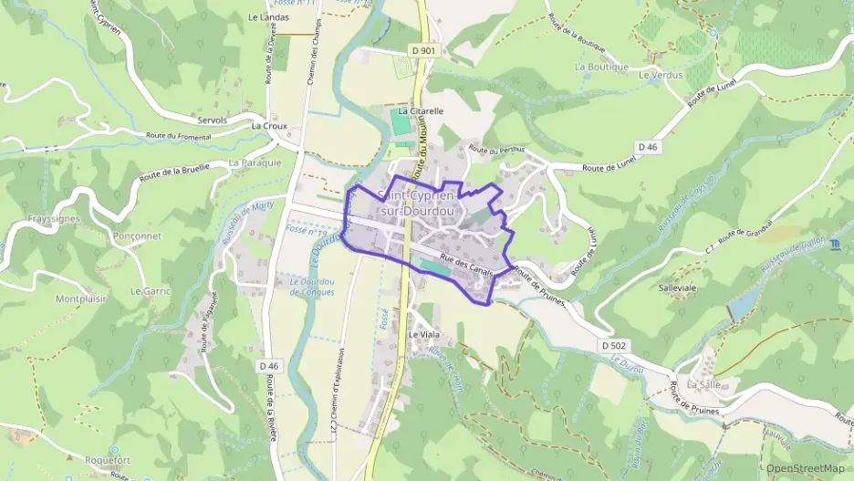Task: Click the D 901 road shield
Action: [x=424, y=51]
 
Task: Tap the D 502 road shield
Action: [x=615, y=346]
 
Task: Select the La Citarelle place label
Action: [x=421, y=110]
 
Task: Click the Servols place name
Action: [x=198, y=120]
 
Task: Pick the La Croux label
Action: [x=268, y=125]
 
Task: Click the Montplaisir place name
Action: [x=81, y=298]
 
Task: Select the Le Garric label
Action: [x=151, y=291]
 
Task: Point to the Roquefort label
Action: [x=109, y=460]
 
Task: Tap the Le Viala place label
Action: [x=423, y=334]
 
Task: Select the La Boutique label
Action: [x=601, y=67]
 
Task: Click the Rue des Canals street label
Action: [x=466, y=266]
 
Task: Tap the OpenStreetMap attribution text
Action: [x=805, y=468]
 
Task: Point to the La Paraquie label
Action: [x=249, y=163]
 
